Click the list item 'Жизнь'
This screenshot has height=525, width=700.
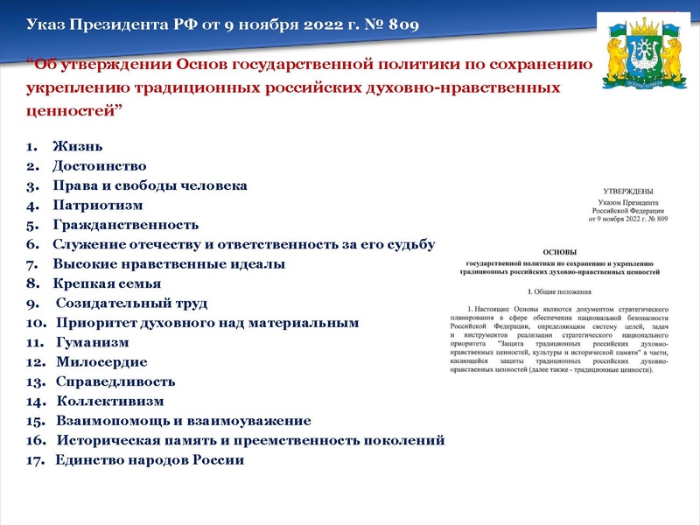[x=78, y=145]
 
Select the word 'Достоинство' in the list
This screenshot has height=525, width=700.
[x=99, y=165]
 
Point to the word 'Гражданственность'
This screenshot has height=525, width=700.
[x=125, y=225]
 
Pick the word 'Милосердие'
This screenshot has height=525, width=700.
[x=101, y=361]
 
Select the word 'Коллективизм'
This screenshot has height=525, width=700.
[x=110, y=402]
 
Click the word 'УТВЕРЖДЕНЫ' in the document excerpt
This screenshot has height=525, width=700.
[x=627, y=191]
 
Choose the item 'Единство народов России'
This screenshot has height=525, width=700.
[x=150, y=460]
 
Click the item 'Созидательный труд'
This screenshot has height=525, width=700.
[x=131, y=304]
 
